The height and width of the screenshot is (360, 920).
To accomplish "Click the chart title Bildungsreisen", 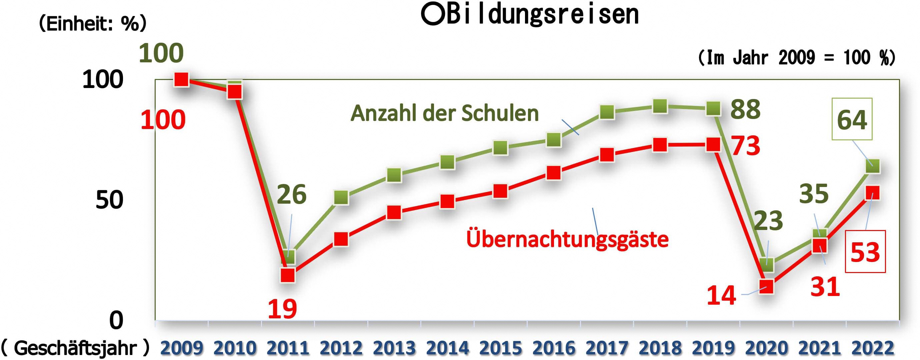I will coord(530,15).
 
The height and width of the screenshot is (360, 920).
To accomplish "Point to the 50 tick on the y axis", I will coord(109,200).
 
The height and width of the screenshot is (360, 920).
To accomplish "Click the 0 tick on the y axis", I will coord(116,320).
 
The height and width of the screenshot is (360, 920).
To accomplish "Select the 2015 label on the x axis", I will coord(500,348).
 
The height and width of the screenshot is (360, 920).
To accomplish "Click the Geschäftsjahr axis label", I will coord(75,348).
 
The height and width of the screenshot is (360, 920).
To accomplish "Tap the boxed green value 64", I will coord(852,119).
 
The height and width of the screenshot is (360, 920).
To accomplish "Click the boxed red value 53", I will coord(865,252).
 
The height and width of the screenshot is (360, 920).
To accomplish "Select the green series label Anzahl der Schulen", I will coord(445,114).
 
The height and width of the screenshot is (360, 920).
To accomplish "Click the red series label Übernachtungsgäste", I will coord(567,239).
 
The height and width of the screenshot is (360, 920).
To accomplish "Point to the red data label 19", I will coord(282,309).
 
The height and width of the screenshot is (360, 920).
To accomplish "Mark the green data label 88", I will coord(745,109).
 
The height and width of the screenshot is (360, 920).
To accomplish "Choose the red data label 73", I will coord(746,146).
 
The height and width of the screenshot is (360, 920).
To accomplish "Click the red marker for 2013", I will coord(394,212).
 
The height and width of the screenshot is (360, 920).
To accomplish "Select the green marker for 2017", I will coord(607,112).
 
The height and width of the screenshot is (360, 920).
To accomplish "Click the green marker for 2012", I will coord(341,197).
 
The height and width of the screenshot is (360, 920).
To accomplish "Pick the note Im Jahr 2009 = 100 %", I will coord(796,57).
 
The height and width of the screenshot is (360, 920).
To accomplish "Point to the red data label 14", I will coord(721,296).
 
